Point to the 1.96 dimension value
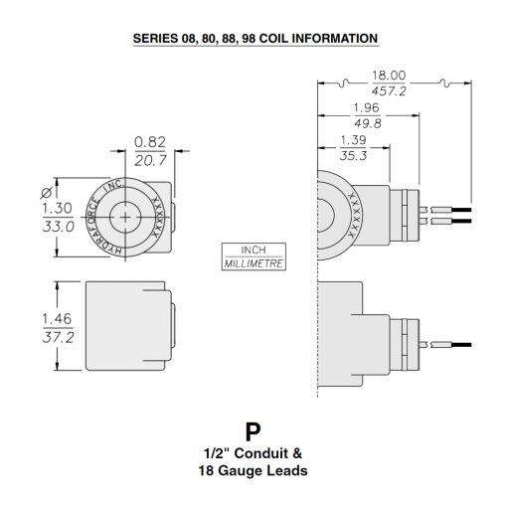click(x=367, y=108)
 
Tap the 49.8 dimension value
click(x=367, y=124)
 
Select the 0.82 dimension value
click(x=150, y=142)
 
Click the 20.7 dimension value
click(x=150, y=158)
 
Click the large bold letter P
click(x=253, y=431)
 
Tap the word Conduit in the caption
click(x=253, y=453)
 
